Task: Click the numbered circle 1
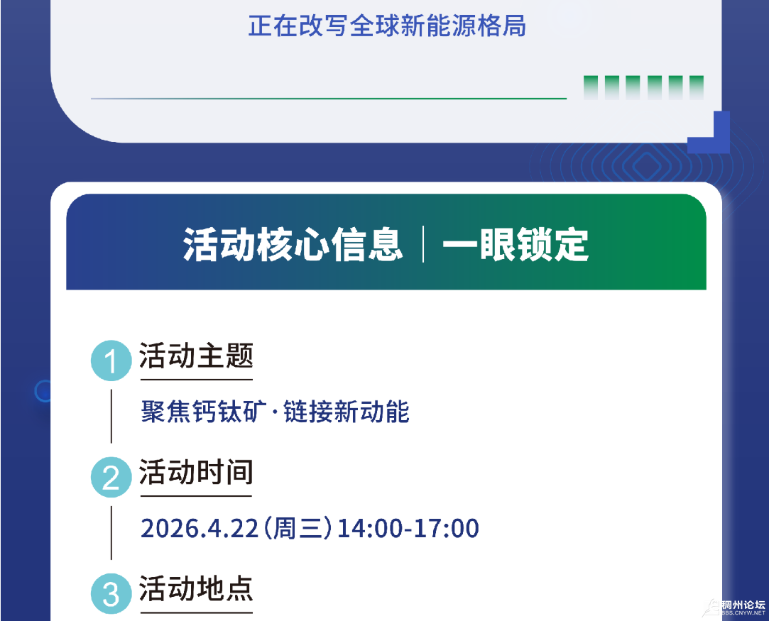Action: (111, 361)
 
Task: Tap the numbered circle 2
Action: (111, 478)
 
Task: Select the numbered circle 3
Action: (111, 594)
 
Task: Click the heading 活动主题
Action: (196, 356)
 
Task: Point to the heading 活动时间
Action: (196, 472)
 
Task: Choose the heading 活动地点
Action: (196, 588)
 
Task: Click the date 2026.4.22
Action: (200, 528)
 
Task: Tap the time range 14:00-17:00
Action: (408, 528)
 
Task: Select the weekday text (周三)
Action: (298, 528)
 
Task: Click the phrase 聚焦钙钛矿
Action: (204, 411)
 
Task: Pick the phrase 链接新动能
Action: (347, 411)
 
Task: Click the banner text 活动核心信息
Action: (293, 244)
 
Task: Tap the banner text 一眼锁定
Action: (516, 244)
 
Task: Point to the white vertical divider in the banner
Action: (423, 244)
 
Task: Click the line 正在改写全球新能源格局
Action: (387, 26)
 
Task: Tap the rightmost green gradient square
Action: (697, 88)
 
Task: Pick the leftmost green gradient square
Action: (591, 88)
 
